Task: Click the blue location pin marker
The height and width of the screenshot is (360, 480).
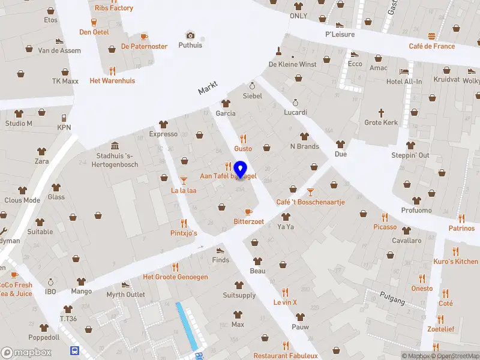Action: tap(241, 170)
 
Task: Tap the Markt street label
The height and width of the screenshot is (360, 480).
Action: tap(207, 88)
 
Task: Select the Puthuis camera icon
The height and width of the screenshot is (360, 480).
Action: tap(190, 35)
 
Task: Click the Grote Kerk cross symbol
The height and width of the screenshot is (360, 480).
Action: tap(381, 113)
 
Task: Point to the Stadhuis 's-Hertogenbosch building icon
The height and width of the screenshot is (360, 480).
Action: tap(114, 146)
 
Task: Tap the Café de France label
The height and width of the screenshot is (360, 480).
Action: tap(431, 46)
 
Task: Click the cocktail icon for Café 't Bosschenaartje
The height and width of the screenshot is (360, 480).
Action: tap(310, 192)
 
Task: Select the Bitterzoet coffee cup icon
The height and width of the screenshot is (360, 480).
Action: tap(248, 212)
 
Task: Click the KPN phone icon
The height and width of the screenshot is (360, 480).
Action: tap(64, 118)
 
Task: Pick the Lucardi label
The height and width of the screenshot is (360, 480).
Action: tap(295, 112)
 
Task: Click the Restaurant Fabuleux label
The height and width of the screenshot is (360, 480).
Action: tap(285, 356)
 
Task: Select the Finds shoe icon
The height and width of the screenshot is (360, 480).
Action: tap(220, 250)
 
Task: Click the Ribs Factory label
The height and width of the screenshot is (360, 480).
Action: tap(114, 8)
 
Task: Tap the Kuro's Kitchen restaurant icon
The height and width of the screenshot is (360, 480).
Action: tap(455, 251)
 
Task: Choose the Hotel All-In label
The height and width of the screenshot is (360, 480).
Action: tap(404, 82)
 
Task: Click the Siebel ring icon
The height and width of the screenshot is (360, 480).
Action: tap(252, 86)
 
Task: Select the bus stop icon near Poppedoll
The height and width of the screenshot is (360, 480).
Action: tap(74, 351)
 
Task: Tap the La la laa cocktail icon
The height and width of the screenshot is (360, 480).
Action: tap(184, 181)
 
